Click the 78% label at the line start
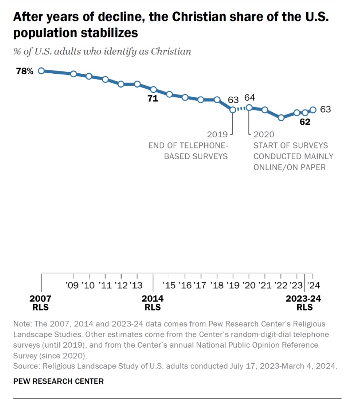coord(25,71)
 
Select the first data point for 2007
coord(41,71)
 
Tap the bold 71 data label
coord(153,99)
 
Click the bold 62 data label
coord(305,122)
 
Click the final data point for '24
coord(313,110)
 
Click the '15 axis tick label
coord(169,285)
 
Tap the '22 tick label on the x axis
coord(281,285)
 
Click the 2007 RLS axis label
coord(40,303)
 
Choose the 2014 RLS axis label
coord(153,303)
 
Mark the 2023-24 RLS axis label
coord(303,303)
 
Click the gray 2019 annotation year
coord(217,135)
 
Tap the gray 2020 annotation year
coord(264,135)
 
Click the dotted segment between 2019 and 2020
coord(241,109)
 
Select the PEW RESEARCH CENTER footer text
coord(58,381)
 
